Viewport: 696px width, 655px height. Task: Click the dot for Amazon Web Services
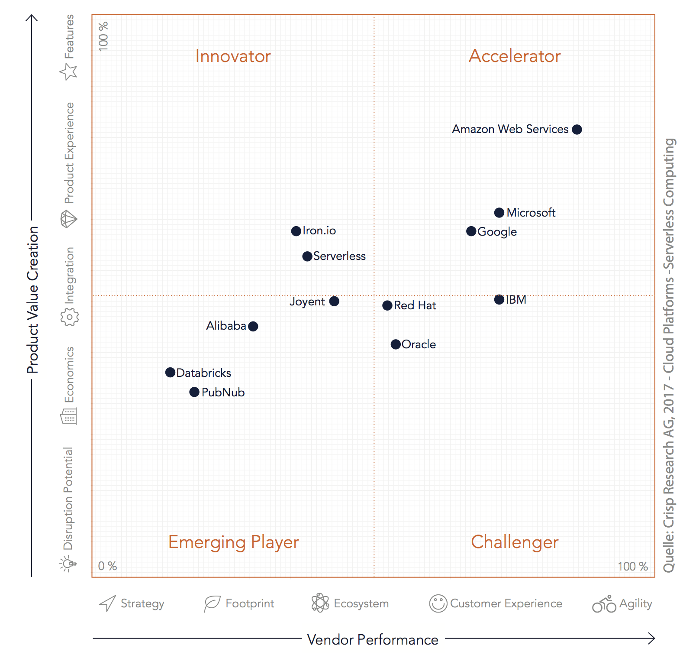577,130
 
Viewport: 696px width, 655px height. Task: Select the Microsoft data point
499,213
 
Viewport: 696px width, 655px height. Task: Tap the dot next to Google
471,231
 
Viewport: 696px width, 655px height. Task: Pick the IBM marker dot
499,299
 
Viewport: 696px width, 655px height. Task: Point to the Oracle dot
396,344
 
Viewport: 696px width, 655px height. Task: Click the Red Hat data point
387,305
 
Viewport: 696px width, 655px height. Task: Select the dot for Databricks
171,373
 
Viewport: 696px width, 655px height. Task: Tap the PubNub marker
194,392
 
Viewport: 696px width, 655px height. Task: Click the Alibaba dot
253,326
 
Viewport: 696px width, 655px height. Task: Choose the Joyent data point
334,301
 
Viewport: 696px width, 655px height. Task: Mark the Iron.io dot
296,231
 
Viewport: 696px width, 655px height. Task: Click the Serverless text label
339,256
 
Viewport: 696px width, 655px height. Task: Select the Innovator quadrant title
233,56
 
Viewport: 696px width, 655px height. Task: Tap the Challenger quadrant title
515,542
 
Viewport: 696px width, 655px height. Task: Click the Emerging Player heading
233,542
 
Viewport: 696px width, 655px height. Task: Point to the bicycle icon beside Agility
604,604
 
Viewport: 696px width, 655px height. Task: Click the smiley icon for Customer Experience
438,603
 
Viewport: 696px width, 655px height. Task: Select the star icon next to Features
68,71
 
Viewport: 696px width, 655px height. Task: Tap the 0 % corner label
107,566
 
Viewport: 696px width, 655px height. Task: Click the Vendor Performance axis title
372,639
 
